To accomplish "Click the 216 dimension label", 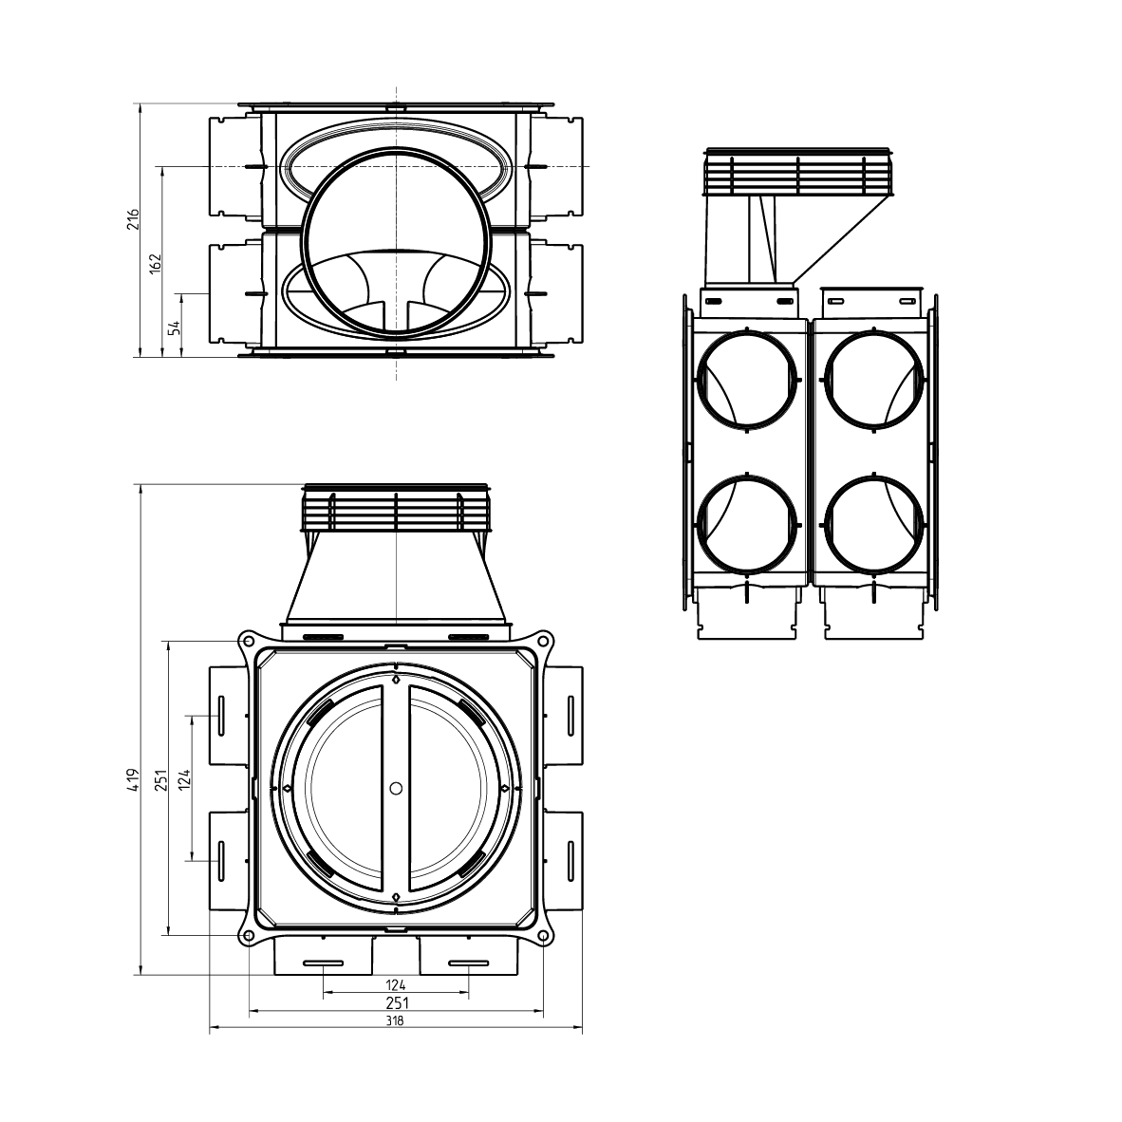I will tap(134, 219).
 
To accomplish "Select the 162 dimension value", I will tap(157, 263).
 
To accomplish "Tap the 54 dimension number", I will tap(175, 327).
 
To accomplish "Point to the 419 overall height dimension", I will tap(134, 779).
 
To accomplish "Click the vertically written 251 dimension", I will tap(162, 779).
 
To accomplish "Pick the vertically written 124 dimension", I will tap(186, 779).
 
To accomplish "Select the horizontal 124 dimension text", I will tap(396, 984).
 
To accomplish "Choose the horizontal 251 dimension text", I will tap(396, 1002).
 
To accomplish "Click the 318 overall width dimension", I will tap(396, 1021).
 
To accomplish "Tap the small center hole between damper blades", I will tap(396, 788).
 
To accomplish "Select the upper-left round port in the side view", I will tap(746, 380).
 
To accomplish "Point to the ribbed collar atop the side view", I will tap(798, 174).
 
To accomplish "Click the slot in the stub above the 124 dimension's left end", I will tap(324, 964).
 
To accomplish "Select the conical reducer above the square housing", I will tap(396, 579).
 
